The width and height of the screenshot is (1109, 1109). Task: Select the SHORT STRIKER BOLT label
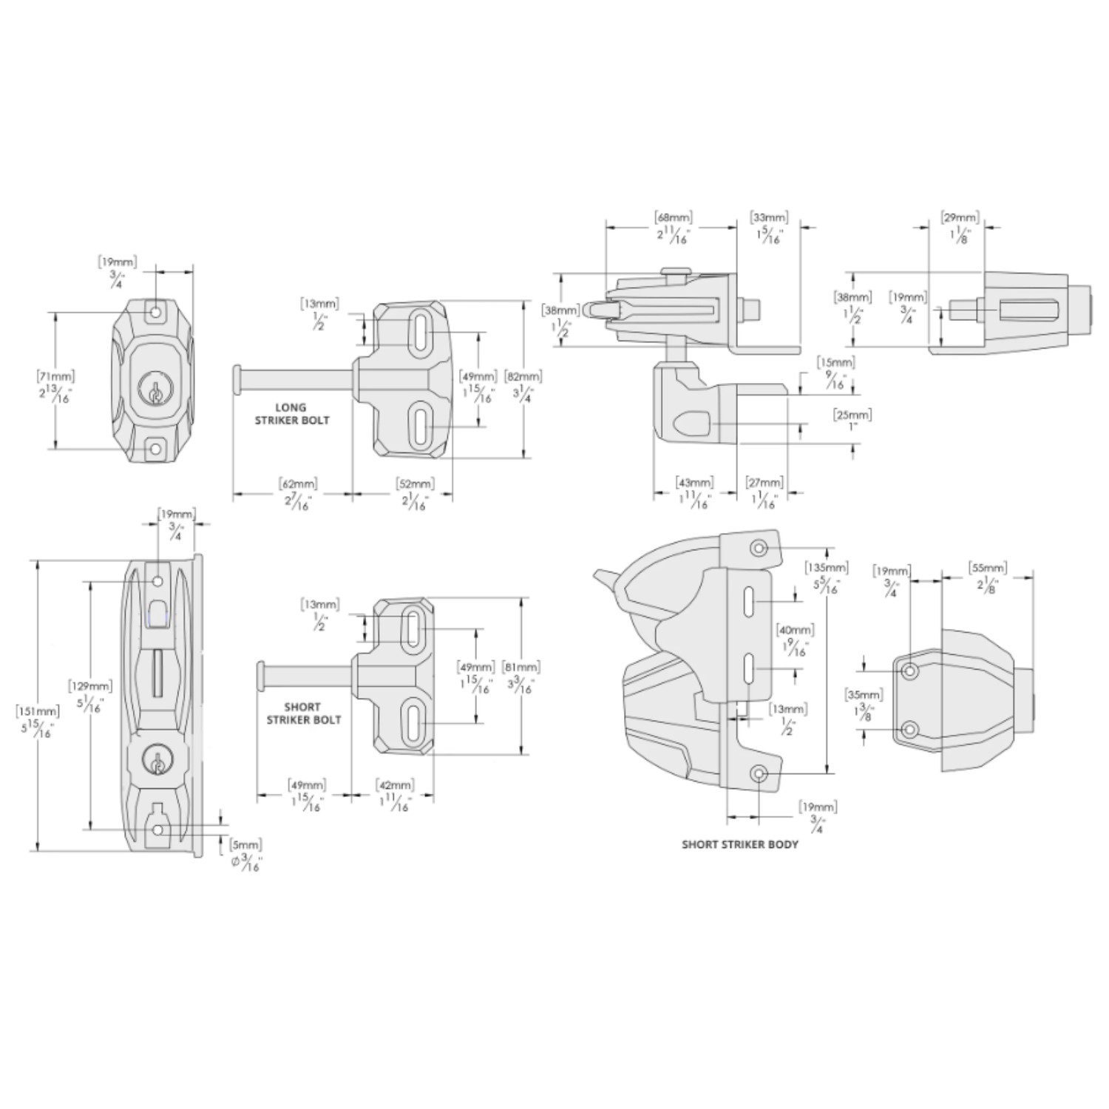point(302,713)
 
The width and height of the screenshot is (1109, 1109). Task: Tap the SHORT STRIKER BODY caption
point(740,844)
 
